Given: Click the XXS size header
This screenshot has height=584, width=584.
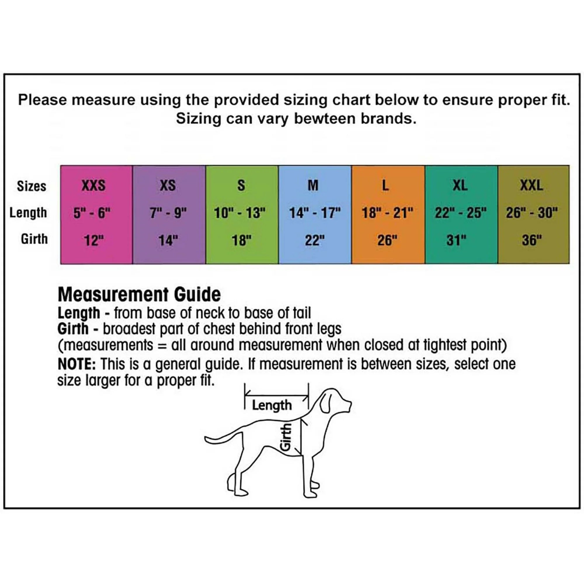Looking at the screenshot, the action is [x=93, y=185].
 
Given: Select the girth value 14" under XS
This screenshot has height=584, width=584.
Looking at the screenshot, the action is [x=168, y=240].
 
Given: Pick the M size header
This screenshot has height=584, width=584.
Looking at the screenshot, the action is [x=313, y=185].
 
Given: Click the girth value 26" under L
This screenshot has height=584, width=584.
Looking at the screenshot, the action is [x=387, y=240].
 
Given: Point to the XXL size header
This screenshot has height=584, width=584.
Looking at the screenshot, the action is [x=532, y=185].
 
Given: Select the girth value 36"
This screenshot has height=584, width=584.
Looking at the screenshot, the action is [x=532, y=240].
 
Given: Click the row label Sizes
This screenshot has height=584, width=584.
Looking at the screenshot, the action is [x=32, y=186].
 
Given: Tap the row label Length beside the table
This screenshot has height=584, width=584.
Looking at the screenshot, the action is [x=28, y=213].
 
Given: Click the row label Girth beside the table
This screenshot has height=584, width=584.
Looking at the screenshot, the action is [x=34, y=239].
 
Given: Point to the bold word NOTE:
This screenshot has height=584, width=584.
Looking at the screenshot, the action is [x=77, y=364].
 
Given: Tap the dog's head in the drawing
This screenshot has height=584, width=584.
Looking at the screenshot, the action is [x=334, y=403].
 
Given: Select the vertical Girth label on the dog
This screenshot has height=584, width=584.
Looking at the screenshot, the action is [x=286, y=437].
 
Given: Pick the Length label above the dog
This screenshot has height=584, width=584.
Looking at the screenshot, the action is [x=272, y=405].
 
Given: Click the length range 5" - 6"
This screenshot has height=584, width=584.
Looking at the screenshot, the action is [x=92, y=213].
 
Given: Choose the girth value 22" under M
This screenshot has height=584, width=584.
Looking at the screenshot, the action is [x=314, y=240].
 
